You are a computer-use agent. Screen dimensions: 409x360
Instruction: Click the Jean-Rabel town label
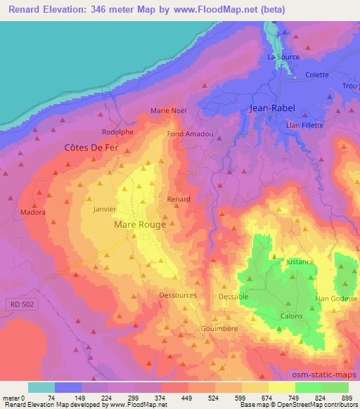(x=273, y=109)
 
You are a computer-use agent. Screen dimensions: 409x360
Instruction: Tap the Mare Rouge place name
(x=140, y=225)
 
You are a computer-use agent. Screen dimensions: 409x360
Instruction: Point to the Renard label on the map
(x=179, y=200)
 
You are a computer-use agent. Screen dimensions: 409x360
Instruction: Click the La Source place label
(x=283, y=57)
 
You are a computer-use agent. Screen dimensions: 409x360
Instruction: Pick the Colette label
(x=317, y=74)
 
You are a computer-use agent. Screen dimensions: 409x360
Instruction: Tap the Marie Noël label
(x=167, y=110)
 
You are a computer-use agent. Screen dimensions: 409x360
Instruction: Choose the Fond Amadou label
(x=185, y=134)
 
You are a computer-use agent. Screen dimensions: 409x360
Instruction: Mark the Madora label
(x=33, y=212)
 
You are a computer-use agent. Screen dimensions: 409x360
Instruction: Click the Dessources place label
(x=178, y=295)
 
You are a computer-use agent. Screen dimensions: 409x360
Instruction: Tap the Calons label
(x=292, y=316)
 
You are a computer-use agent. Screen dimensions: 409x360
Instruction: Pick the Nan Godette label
(x=337, y=299)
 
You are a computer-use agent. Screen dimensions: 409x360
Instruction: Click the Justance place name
(x=299, y=261)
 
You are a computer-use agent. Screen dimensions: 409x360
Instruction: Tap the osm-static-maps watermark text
(x=329, y=375)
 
